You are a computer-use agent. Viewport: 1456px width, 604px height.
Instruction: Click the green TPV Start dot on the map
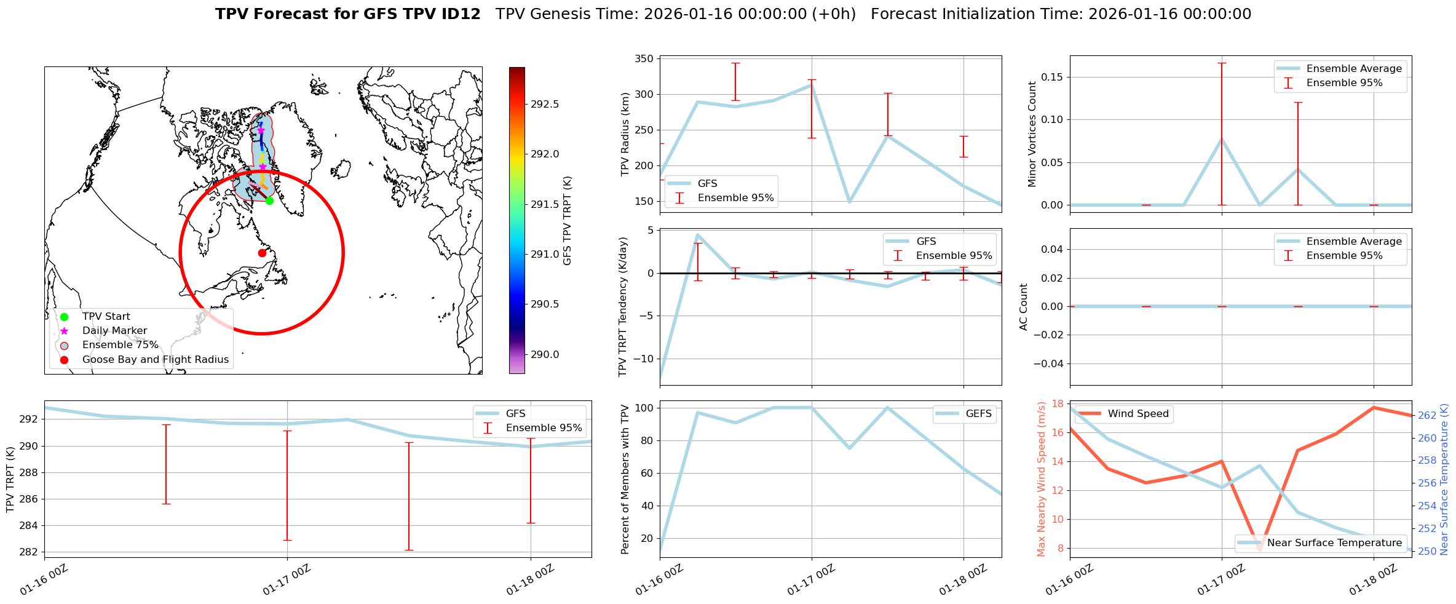pos(269,201)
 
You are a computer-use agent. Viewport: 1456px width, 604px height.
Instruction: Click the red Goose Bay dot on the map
pos(262,253)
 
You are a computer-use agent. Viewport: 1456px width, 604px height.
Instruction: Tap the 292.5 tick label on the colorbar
pos(545,104)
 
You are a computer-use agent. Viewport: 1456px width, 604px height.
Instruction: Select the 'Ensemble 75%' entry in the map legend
pos(120,345)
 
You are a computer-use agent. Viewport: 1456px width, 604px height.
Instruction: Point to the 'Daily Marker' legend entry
pos(114,331)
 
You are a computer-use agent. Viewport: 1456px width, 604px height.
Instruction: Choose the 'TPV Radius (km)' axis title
pos(625,134)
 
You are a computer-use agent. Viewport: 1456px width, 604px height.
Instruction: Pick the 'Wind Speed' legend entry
pos(1137,414)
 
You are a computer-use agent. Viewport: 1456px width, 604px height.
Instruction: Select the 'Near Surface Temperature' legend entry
pos(1334,543)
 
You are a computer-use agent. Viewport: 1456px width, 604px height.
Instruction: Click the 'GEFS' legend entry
pos(978,414)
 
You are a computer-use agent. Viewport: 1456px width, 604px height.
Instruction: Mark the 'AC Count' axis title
pos(1024,306)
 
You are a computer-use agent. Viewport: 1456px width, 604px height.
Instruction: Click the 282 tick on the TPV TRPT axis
pos(29,552)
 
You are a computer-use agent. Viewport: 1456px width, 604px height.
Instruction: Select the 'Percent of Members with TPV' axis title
pos(625,479)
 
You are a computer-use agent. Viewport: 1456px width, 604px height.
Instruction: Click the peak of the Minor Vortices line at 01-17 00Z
pos(1222,139)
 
